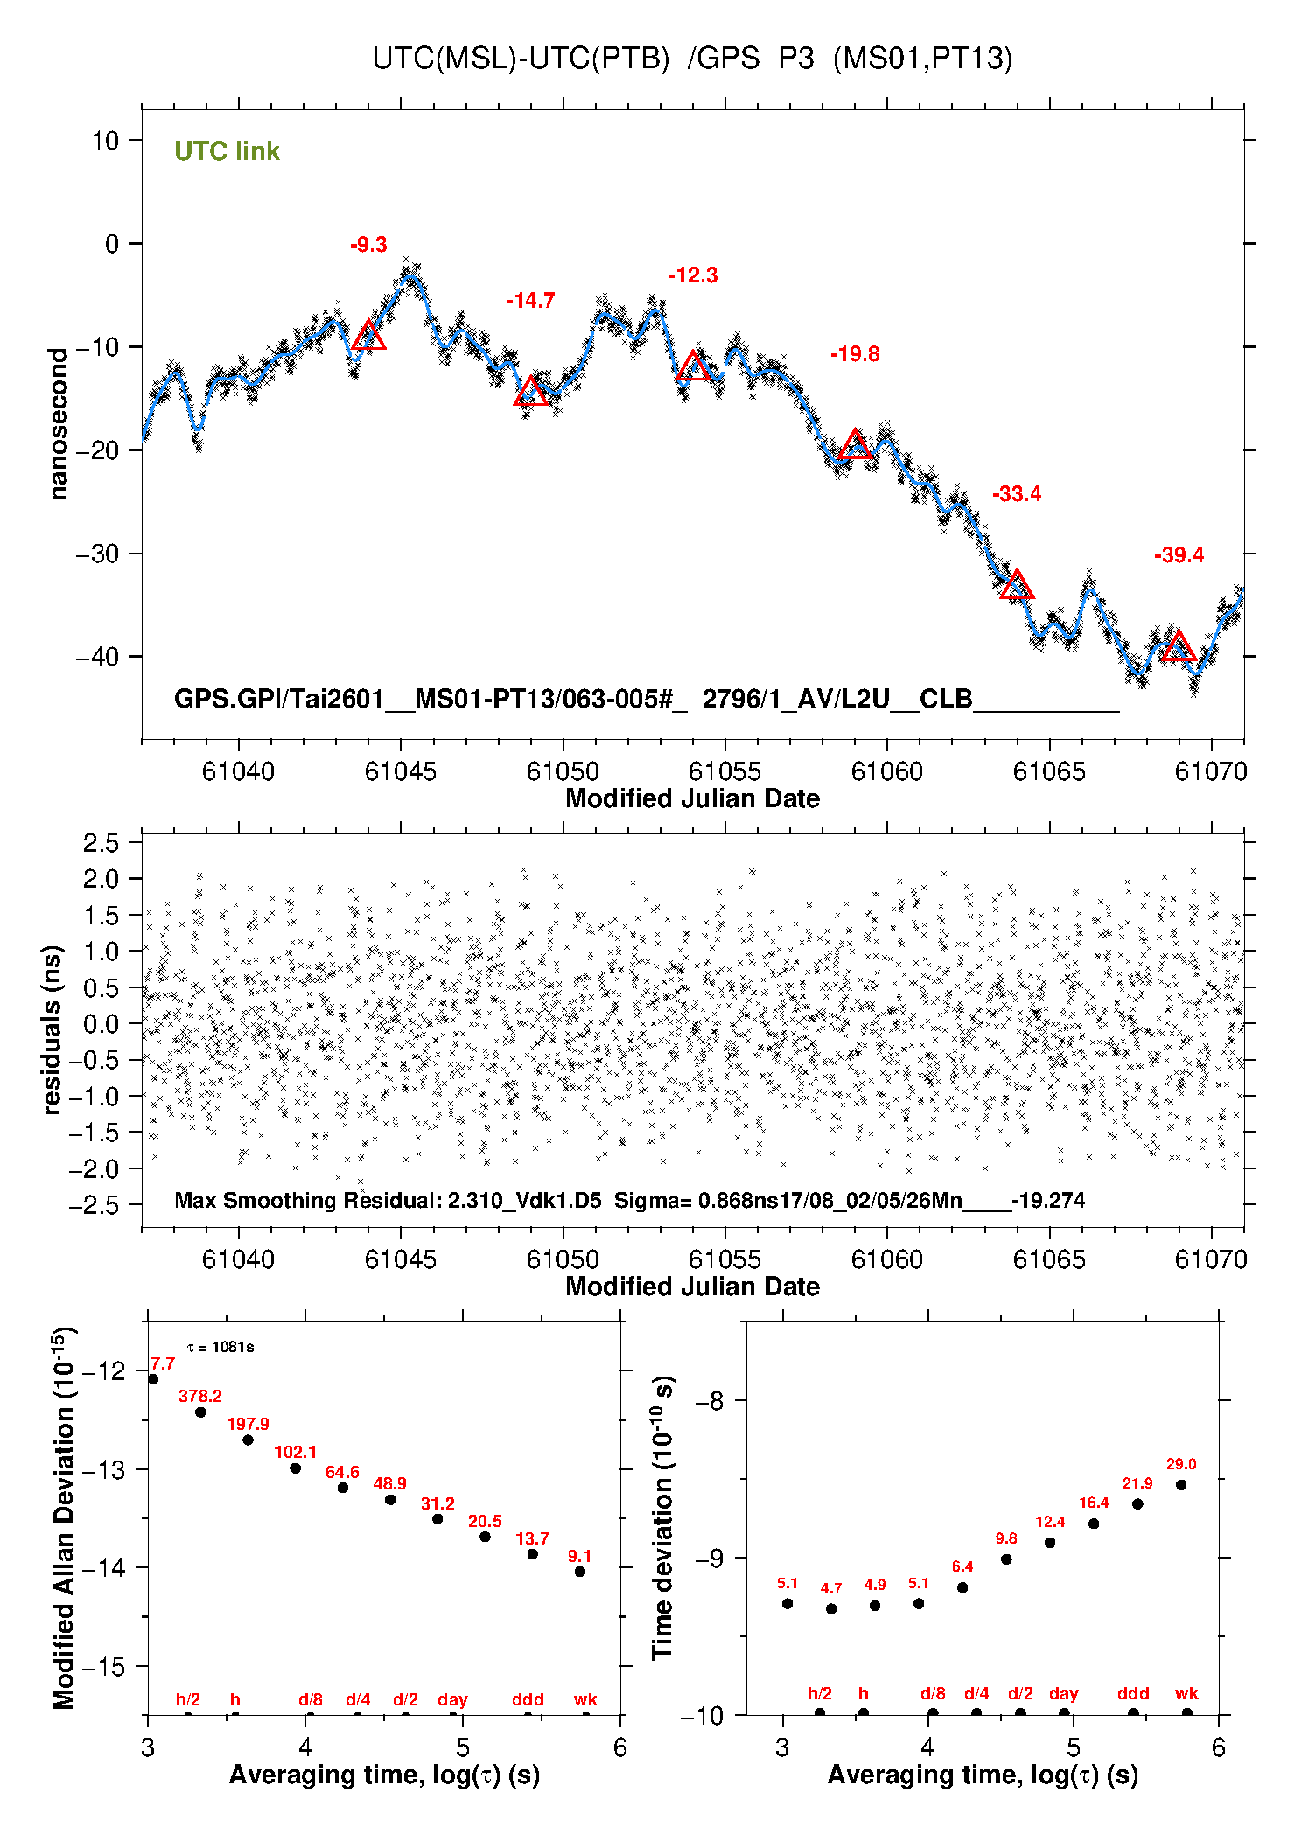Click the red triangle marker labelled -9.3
[x=368, y=337]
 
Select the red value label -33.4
[x=1017, y=494]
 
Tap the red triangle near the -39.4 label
[x=1179, y=646]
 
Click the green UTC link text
[x=227, y=151]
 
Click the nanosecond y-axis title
[x=59, y=424]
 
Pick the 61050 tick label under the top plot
[x=563, y=771]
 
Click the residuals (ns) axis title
[x=52, y=1029]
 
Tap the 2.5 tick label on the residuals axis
[x=101, y=843]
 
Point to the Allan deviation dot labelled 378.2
[x=200, y=1412]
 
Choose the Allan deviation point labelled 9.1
[x=580, y=1572]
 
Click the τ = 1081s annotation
[x=220, y=1347]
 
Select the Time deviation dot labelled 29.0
[x=1181, y=1485]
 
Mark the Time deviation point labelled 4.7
[x=831, y=1609]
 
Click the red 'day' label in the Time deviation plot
[x=1064, y=1694]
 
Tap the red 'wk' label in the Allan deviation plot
[x=585, y=1700]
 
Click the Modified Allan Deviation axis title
[x=64, y=1517]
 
